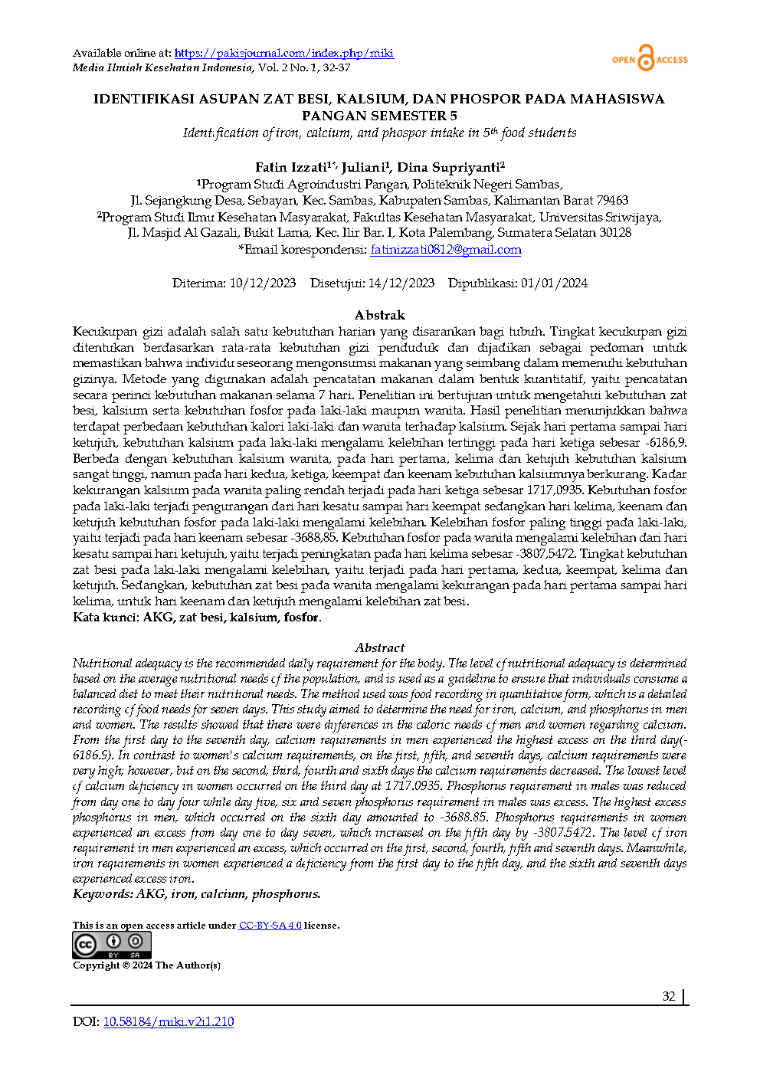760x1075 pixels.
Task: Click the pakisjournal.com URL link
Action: [283, 53]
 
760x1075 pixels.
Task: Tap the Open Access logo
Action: [650, 59]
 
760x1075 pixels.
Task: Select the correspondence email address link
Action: [445, 250]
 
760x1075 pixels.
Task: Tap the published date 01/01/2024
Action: [554, 283]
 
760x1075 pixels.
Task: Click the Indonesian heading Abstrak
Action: [379, 315]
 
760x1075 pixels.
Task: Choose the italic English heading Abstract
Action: [379, 647]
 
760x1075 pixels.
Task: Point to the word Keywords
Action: [102, 893]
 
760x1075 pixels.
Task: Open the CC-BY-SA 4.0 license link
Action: [270, 926]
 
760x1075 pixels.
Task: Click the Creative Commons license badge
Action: [112, 945]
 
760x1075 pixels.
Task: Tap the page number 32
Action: [669, 996]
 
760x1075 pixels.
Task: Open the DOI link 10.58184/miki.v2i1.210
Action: [169, 1021]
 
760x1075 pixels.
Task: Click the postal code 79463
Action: [612, 201]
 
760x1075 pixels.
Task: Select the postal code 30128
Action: [615, 233]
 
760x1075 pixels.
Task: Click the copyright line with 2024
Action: [146, 965]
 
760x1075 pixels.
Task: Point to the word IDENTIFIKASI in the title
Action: [143, 99]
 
